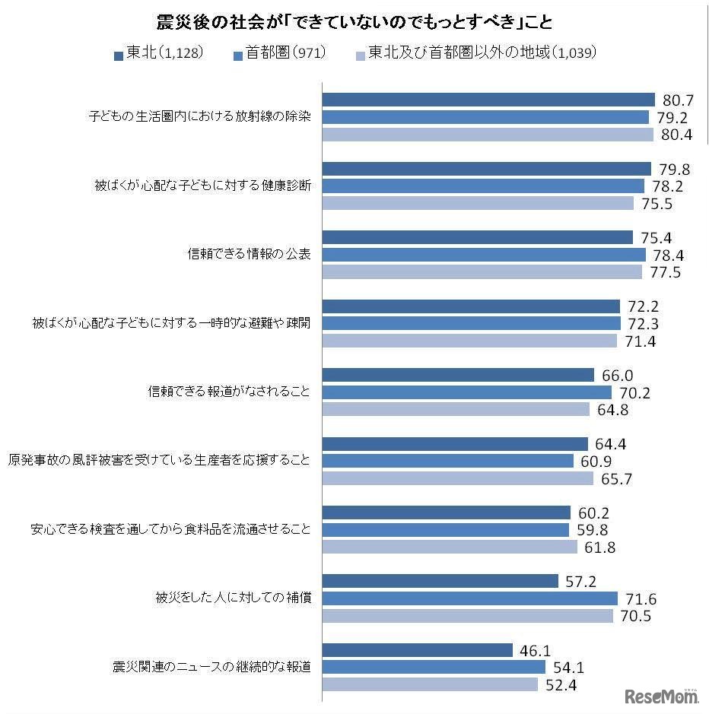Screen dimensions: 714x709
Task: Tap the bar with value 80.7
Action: [488, 100]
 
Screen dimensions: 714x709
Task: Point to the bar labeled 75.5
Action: [478, 203]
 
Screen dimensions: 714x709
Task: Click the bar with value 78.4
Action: [484, 255]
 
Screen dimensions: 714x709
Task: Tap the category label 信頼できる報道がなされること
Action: [229, 392]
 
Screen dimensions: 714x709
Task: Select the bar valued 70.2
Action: [467, 392]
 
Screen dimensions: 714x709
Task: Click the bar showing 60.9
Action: [448, 461]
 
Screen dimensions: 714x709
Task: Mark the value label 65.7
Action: [616, 479]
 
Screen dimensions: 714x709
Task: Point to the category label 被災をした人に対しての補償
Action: [233, 598]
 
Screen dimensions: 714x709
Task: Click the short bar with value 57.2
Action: [440, 582]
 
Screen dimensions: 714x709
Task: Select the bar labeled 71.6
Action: [470, 598]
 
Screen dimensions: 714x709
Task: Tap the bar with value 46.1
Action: [418, 650]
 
